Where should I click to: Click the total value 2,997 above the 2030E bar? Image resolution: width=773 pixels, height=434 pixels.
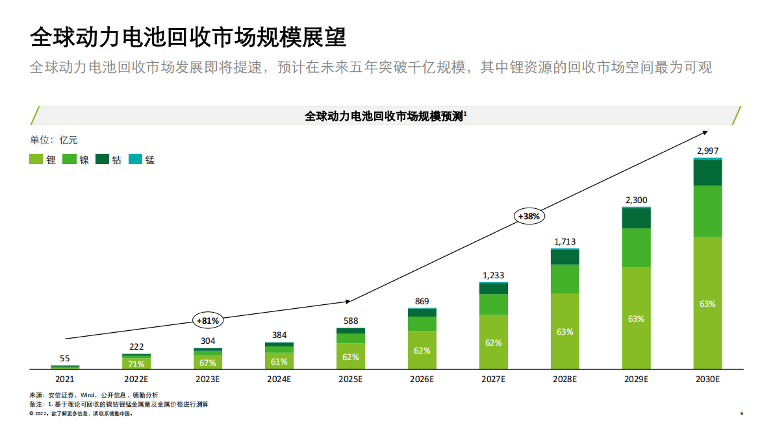point(707,151)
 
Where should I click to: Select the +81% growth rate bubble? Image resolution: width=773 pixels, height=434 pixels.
point(209,320)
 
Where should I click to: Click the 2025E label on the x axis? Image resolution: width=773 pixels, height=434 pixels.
point(350,380)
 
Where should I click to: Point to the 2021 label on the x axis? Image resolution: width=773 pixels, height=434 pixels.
point(65,380)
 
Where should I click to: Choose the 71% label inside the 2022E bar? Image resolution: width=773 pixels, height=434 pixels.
point(136,363)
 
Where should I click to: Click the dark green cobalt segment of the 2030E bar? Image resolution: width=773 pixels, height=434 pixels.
point(707,173)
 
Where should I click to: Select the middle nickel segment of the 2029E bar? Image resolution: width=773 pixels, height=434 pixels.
point(636,248)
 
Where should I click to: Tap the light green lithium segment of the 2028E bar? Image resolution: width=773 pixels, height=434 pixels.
point(564,331)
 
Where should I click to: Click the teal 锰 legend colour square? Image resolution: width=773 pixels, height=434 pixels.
point(134,159)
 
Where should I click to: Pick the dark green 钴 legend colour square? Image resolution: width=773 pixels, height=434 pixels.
point(101,159)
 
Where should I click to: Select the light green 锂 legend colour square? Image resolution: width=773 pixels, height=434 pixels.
point(36,159)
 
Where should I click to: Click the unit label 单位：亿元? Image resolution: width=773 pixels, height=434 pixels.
point(54,139)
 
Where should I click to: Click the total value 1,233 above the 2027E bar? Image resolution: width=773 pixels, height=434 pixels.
point(493,275)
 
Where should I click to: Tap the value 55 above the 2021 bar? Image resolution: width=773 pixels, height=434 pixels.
point(65,358)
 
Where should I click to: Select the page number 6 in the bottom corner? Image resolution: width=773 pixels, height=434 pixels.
point(741,413)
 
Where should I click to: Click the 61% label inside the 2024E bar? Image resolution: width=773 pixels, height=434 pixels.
point(279,361)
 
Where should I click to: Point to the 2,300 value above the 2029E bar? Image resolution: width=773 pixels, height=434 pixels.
point(636,200)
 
